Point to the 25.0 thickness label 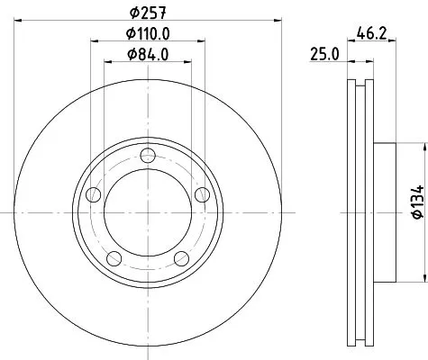click(323, 54)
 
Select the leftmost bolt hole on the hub click(91, 193)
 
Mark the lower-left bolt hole click(113, 259)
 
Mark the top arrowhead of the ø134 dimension click(422, 145)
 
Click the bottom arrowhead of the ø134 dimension click(422, 279)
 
